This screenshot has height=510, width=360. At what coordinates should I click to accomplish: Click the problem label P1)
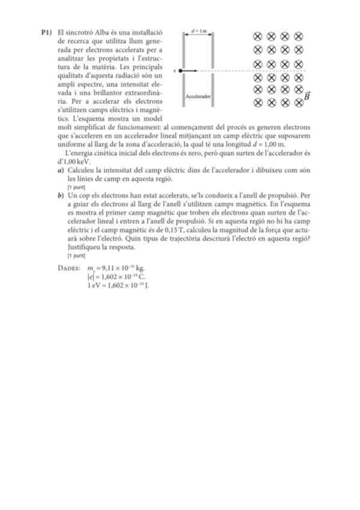click(46, 32)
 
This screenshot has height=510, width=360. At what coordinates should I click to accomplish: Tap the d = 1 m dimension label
click(198, 29)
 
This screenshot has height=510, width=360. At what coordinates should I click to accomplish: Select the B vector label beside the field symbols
click(307, 96)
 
